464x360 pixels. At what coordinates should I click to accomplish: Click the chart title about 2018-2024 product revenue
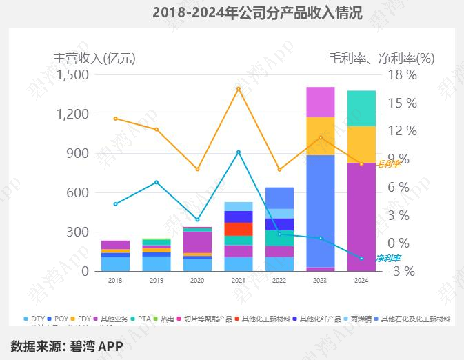click(x=257, y=12)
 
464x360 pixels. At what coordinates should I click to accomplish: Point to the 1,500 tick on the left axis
click(x=72, y=74)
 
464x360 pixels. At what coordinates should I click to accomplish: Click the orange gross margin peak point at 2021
click(x=239, y=88)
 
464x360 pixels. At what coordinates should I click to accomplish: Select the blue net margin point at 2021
click(x=239, y=152)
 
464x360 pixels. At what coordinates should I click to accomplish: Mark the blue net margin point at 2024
click(x=361, y=258)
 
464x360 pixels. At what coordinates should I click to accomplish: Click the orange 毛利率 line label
click(x=388, y=163)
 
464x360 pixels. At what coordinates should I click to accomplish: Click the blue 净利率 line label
click(x=388, y=258)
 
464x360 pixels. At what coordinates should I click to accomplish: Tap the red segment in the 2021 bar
click(x=239, y=229)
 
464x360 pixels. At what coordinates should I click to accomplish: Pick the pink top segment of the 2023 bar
click(x=320, y=101)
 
